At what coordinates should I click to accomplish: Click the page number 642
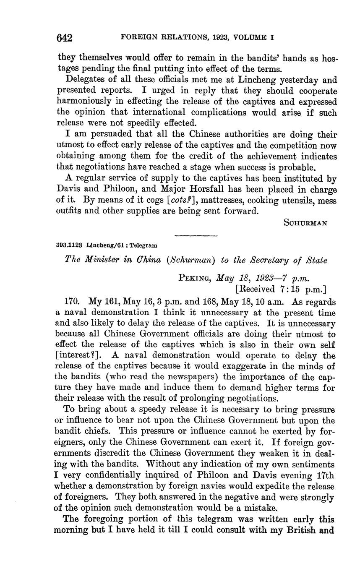65,38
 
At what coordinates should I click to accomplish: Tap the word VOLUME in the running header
248,37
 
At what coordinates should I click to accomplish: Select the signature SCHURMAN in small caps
305,223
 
